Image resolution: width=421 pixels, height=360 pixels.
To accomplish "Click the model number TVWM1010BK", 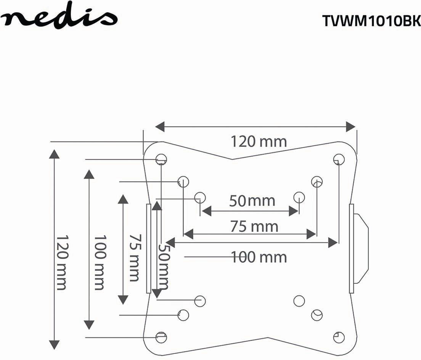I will (371, 21).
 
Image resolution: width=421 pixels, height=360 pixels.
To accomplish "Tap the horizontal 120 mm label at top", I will (259, 141).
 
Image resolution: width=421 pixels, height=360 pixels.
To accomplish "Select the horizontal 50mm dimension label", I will (252, 201).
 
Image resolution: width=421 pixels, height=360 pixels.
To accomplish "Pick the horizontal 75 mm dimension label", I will (254, 227).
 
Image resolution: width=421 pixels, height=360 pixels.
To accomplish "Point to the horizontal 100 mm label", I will (259, 257).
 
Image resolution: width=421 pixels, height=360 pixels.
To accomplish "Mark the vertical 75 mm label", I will (133, 257).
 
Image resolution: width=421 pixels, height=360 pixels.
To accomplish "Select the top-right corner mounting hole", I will (338, 159).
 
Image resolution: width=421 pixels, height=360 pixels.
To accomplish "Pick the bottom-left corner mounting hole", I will (161, 336).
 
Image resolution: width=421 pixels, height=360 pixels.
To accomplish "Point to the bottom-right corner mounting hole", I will (339, 337).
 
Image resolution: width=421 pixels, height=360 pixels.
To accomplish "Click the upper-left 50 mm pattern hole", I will (200, 198).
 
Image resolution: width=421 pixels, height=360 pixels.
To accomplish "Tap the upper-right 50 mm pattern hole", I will (299, 197).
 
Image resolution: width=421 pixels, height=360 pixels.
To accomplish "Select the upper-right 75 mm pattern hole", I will (317, 182).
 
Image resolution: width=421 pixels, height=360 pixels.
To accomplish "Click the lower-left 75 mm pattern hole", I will (183, 315).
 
